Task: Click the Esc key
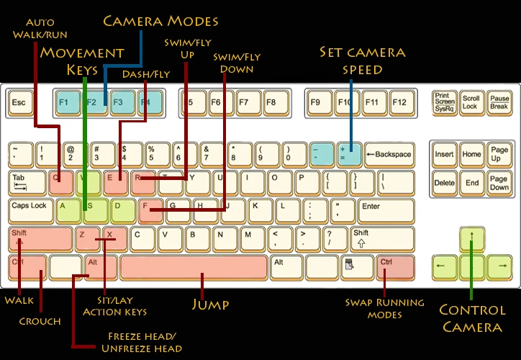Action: (19, 102)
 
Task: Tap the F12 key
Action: (399, 102)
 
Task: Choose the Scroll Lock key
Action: (471, 102)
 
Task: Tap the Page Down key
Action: (499, 182)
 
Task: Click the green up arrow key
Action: (471, 238)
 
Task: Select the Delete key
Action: (445, 182)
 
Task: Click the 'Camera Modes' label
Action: (160, 20)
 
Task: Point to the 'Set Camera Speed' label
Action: (363, 60)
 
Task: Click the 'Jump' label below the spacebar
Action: (210, 304)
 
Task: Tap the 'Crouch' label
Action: (40, 321)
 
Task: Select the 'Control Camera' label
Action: (471, 319)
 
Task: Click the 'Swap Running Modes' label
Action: (384, 308)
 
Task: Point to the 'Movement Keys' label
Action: (82, 60)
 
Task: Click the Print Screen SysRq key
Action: (444, 102)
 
